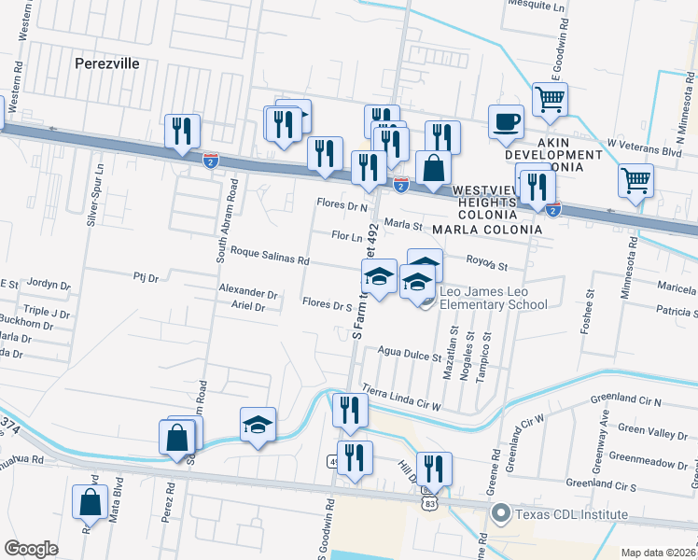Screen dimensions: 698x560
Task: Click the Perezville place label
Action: click(106, 63)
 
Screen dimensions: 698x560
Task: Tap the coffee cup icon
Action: click(506, 121)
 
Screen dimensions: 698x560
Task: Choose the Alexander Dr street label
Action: click(248, 292)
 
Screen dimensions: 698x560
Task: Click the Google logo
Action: click(31, 548)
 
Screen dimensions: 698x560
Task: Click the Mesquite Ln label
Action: click(538, 4)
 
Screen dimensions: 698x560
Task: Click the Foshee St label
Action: click(589, 305)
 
